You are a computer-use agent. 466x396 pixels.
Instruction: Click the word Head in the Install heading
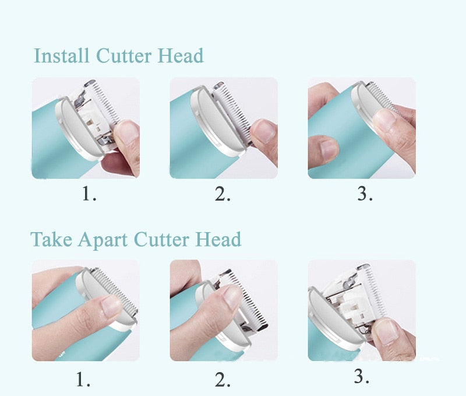point(181,56)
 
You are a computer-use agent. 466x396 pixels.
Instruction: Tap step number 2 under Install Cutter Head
point(223,194)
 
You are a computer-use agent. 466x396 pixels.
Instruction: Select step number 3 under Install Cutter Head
point(364,194)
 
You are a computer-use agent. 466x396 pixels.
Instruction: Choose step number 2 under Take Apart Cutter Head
point(223,380)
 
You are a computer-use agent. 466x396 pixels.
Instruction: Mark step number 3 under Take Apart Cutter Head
point(361,377)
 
